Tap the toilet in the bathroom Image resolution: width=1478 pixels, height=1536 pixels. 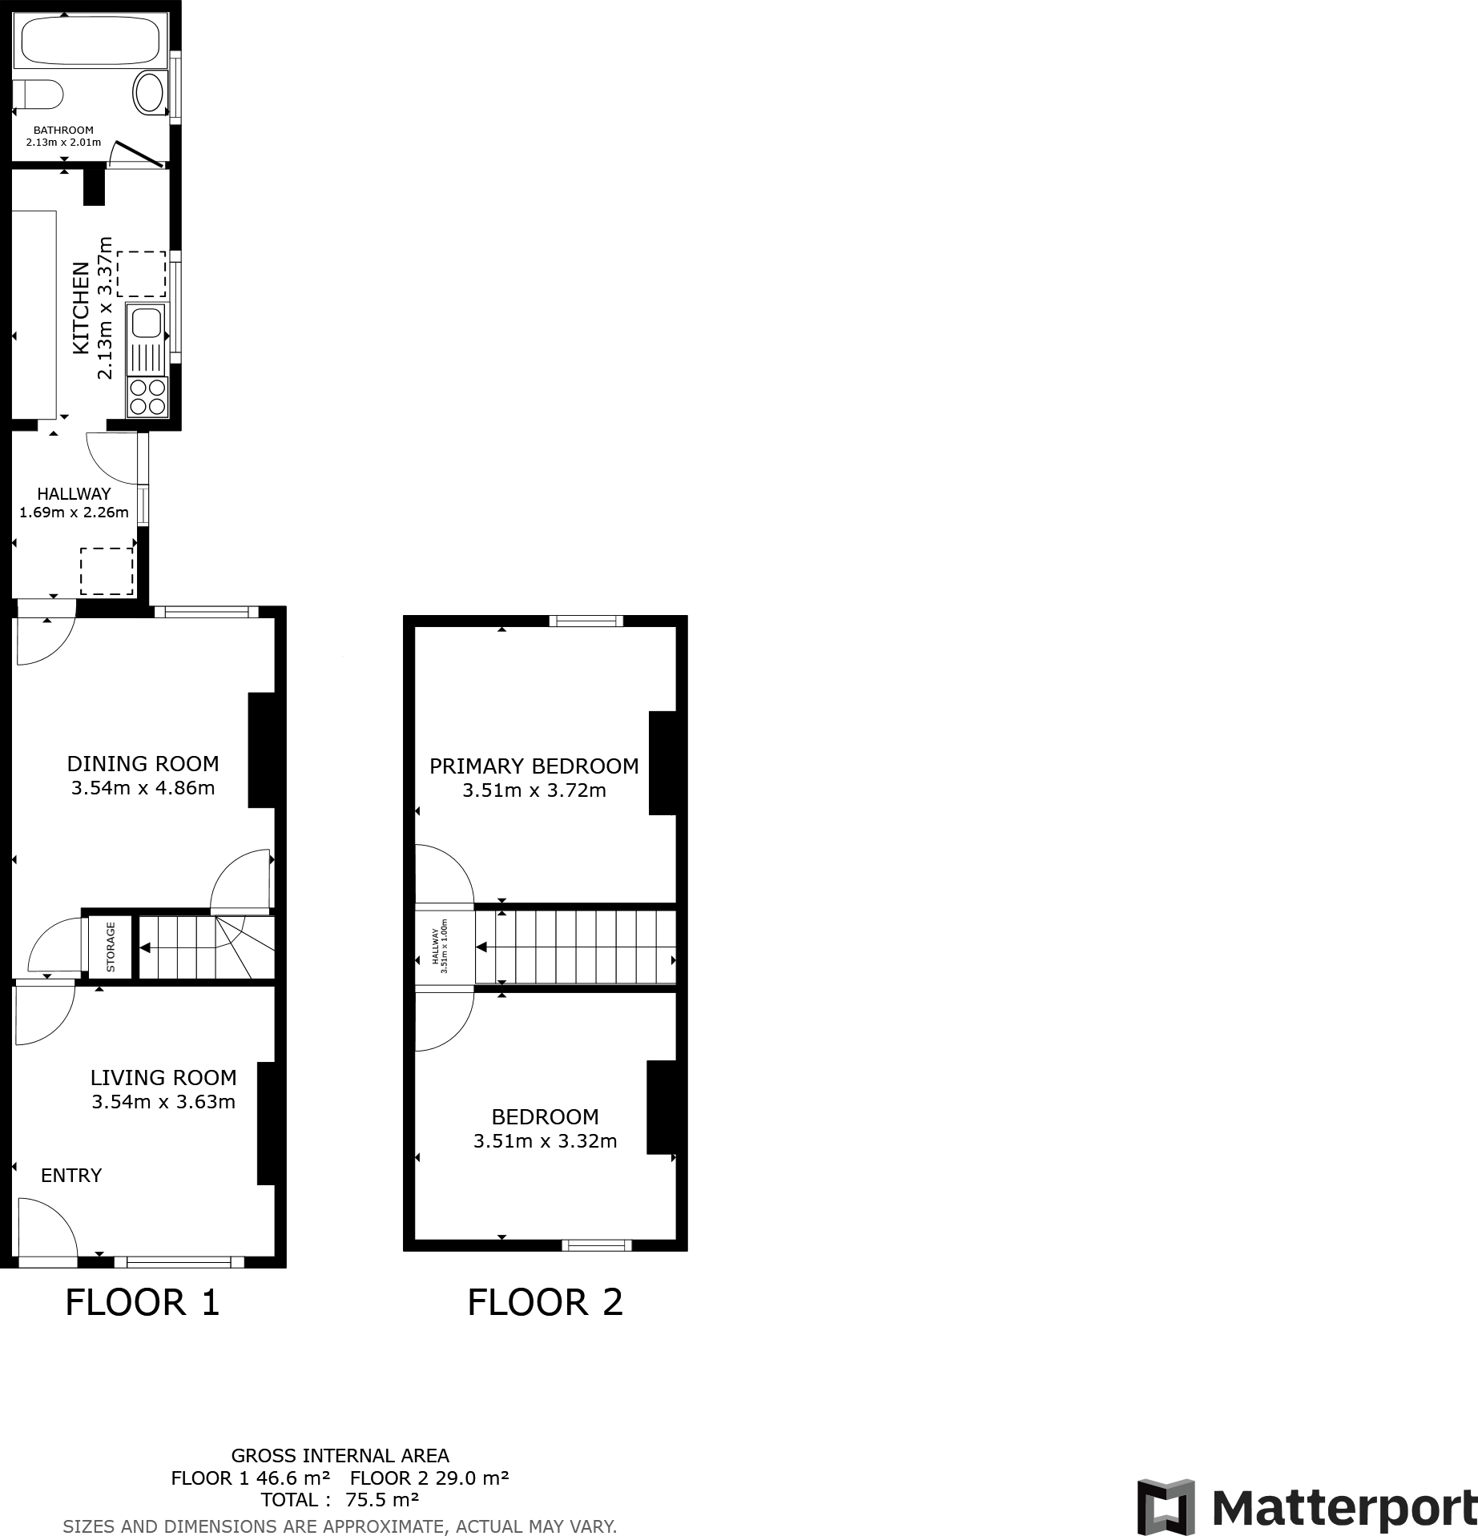click(x=38, y=95)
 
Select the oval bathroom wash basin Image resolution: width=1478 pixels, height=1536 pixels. click(x=149, y=93)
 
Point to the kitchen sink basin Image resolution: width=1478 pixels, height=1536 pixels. click(x=146, y=324)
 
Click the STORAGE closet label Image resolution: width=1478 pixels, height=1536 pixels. click(x=111, y=947)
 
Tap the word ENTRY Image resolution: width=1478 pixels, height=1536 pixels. click(x=71, y=1176)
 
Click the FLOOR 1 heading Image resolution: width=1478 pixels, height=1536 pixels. click(x=143, y=1302)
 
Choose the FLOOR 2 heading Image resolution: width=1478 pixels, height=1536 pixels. click(x=546, y=1302)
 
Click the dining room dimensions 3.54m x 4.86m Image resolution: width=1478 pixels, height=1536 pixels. click(x=143, y=788)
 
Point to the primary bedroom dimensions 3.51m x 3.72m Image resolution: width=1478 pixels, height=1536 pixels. click(x=534, y=791)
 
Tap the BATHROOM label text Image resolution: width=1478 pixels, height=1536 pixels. click(x=63, y=130)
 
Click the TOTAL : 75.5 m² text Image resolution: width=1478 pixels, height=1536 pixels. click(x=340, y=1500)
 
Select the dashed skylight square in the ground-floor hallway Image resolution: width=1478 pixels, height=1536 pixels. click(x=107, y=571)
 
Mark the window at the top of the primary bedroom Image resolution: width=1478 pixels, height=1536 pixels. click(x=586, y=621)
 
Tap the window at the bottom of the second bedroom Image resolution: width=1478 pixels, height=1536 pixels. click(x=597, y=1244)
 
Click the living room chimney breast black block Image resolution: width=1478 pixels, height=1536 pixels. click(x=267, y=1124)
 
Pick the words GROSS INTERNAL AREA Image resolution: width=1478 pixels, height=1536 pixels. click(x=340, y=1456)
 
